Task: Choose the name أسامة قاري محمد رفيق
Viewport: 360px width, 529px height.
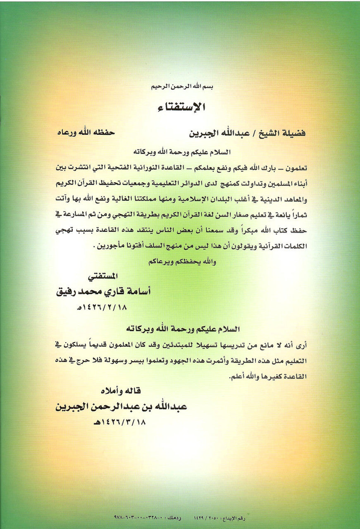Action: coord(103,291)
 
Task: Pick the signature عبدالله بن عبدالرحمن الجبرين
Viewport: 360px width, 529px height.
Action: coord(122,406)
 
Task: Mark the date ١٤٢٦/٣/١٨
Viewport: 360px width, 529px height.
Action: coord(120,422)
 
